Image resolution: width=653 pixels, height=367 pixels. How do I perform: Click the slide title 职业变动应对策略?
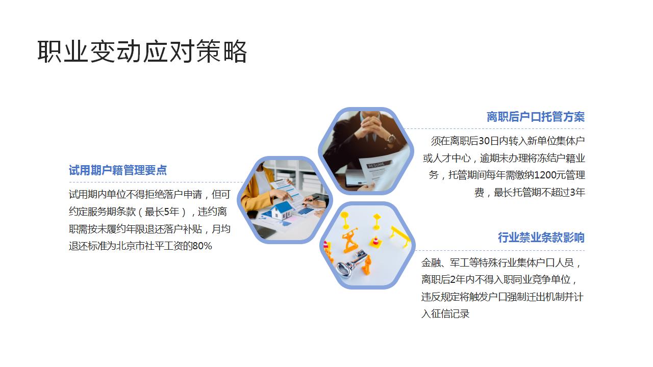142,51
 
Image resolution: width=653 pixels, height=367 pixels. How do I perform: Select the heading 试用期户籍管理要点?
118,170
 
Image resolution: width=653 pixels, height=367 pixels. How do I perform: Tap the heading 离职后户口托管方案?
535,117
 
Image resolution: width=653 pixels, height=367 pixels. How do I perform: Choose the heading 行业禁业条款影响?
541,238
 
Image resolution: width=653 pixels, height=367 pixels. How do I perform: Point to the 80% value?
202,246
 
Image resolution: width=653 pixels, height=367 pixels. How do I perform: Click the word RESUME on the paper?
376,165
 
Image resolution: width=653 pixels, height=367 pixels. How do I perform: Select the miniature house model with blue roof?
282,209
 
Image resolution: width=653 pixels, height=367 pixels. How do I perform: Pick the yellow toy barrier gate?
400,235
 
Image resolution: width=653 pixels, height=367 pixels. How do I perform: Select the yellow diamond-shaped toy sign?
377,219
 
